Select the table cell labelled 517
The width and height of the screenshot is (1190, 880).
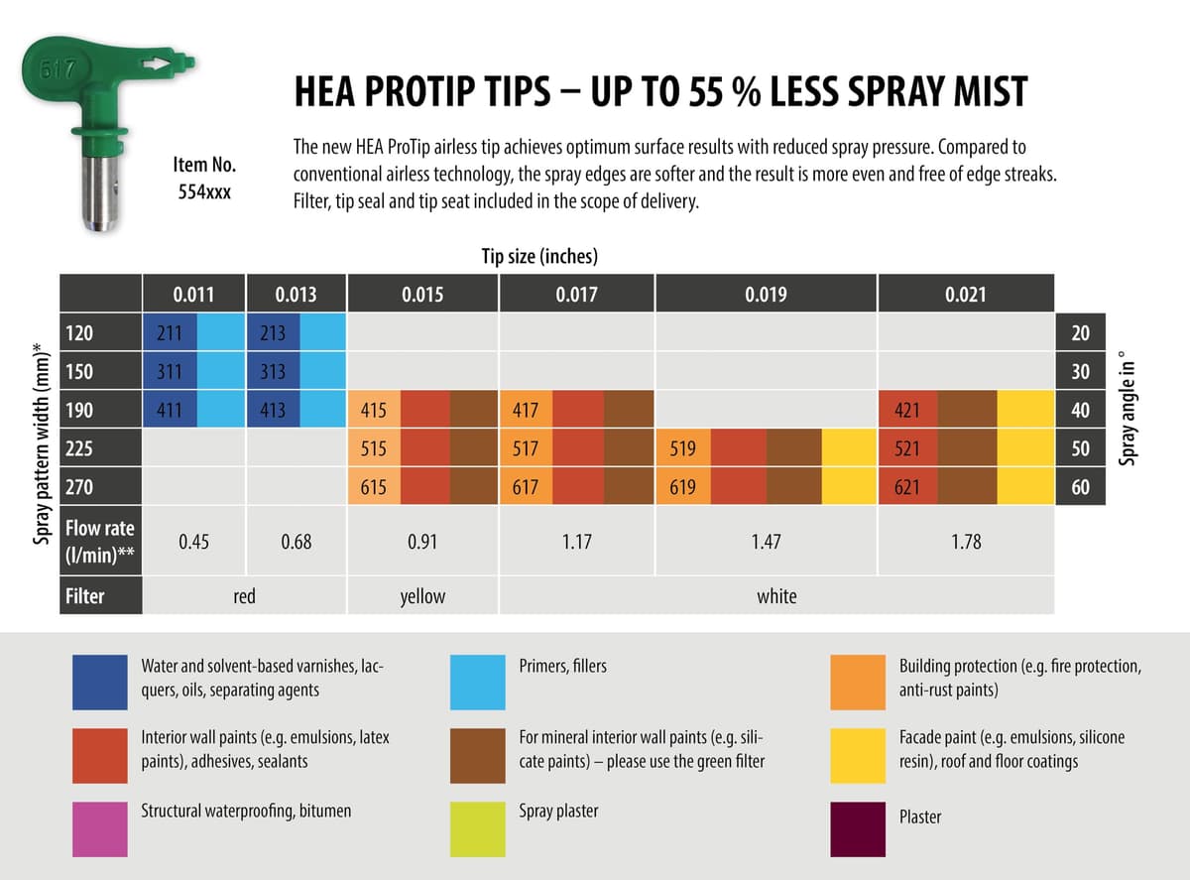[x=526, y=447]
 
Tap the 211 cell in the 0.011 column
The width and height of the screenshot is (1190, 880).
[x=170, y=333]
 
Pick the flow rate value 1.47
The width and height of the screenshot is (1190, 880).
[x=766, y=542]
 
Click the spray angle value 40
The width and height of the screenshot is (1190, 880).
[x=1080, y=410]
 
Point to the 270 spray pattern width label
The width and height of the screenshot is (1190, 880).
[x=79, y=487]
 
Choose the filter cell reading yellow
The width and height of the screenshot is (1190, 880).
[x=422, y=596]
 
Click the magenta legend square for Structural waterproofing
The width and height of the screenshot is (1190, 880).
[x=100, y=828]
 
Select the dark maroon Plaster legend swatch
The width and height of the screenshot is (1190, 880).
[x=858, y=828]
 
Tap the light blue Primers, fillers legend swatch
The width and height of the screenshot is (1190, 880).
[x=478, y=682]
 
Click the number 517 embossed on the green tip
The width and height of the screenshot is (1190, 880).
[x=57, y=69]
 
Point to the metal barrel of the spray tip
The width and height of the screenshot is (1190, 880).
[x=99, y=192]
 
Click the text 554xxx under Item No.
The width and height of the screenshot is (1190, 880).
[x=204, y=191]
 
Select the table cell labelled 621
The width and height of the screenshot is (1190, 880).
[x=907, y=487]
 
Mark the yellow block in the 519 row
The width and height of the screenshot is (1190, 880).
[x=849, y=447]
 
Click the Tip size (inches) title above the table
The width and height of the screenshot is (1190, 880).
[x=539, y=256]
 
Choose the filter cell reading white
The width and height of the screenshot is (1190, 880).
[x=776, y=596]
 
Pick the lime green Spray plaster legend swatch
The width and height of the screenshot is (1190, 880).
[x=478, y=828]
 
